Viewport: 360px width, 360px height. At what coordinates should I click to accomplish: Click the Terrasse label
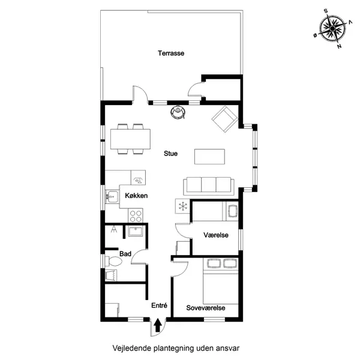tap(171, 53)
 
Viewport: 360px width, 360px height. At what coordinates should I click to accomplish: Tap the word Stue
tap(170, 154)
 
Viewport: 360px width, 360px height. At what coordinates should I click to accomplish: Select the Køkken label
tap(136, 196)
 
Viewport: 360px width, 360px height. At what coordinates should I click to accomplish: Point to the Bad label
tap(125, 254)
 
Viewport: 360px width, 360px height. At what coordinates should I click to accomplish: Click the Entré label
tap(160, 305)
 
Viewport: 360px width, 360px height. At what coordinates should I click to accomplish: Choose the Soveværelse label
tap(206, 308)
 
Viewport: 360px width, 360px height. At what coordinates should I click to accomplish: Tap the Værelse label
tap(216, 235)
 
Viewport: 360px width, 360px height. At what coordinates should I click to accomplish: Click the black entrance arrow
tap(157, 325)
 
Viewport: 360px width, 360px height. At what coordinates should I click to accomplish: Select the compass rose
tap(332, 28)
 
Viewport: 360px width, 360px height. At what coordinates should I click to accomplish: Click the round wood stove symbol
tap(178, 112)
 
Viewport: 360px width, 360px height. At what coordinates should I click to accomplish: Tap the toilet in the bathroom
tap(113, 261)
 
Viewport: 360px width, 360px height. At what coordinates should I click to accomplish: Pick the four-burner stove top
tap(136, 215)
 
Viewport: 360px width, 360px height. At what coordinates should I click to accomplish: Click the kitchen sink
tap(112, 197)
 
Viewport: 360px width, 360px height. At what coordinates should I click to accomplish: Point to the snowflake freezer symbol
tap(183, 206)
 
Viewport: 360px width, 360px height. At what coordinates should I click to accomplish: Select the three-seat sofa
tap(209, 186)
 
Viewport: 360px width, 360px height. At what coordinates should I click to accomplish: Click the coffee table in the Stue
tap(209, 157)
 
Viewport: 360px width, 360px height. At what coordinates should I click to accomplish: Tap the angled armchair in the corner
tap(225, 119)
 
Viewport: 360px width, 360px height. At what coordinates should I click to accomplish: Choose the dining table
tap(130, 139)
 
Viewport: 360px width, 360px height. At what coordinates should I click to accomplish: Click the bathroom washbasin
tap(135, 231)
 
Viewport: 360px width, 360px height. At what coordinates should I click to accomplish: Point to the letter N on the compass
tap(339, 46)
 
